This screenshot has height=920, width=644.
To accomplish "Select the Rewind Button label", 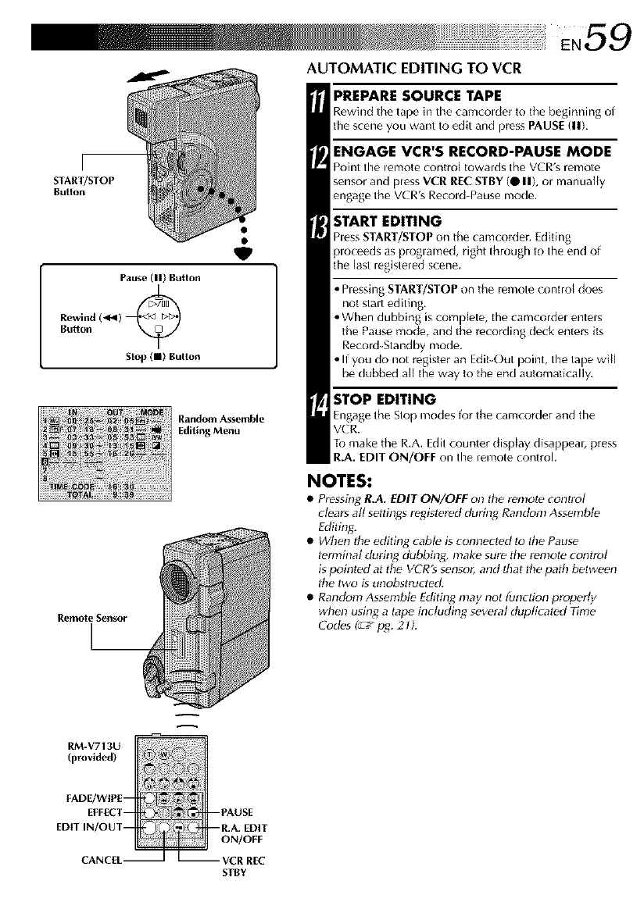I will [76, 322].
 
